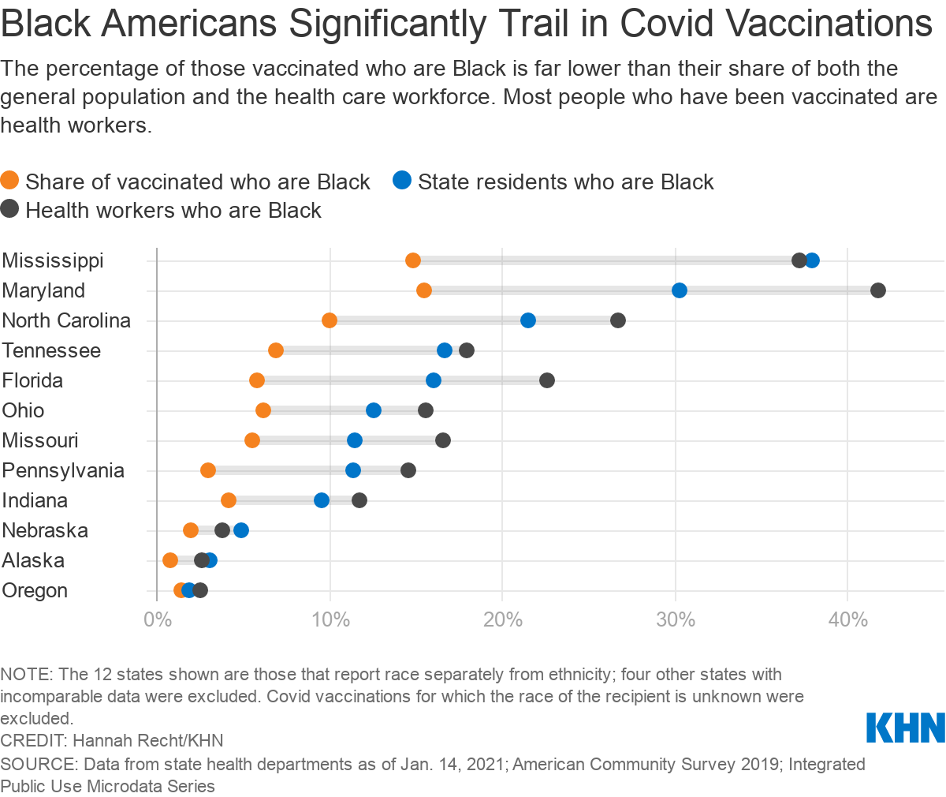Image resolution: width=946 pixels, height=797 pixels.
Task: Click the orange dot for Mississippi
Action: (x=413, y=260)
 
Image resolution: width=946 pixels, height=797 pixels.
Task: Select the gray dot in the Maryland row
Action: (x=877, y=290)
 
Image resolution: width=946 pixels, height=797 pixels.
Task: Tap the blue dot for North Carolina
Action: (x=528, y=320)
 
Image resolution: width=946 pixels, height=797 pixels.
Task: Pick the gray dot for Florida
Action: (x=547, y=380)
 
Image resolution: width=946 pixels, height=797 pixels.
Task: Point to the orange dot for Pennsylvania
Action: (x=208, y=470)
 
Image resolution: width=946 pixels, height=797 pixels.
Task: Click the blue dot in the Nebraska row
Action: (x=241, y=530)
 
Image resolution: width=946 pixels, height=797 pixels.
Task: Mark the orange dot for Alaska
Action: (x=170, y=560)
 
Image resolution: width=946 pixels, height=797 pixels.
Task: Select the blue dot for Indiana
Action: (x=322, y=500)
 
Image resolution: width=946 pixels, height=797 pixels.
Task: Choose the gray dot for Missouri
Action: (x=443, y=440)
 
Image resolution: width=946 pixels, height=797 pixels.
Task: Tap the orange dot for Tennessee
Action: (x=276, y=350)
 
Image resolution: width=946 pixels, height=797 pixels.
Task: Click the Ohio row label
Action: (x=24, y=410)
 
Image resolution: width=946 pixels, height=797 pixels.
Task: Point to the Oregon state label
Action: (x=35, y=590)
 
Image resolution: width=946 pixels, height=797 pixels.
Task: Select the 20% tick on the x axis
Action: (x=502, y=619)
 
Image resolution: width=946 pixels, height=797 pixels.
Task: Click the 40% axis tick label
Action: (x=847, y=619)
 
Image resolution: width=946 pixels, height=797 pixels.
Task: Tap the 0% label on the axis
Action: (x=157, y=619)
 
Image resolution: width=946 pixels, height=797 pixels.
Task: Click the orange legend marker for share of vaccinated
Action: (x=10, y=181)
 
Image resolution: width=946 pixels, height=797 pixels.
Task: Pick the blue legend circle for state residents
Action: (x=402, y=181)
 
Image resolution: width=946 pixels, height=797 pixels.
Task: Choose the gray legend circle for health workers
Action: (x=10, y=210)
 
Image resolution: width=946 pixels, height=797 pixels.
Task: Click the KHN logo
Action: (x=906, y=727)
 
